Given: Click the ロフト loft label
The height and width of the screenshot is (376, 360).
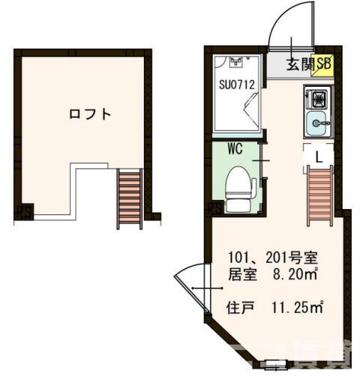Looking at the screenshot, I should [x=90, y=115].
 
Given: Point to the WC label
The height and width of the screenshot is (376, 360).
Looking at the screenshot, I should [x=235, y=149].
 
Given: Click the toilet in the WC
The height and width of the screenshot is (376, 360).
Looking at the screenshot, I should [x=238, y=187].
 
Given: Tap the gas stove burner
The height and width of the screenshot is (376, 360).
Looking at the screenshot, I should [x=316, y=98].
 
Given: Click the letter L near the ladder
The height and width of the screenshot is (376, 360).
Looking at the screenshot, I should [x=318, y=157].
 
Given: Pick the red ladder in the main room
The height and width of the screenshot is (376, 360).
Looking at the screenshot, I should [x=320, y=195].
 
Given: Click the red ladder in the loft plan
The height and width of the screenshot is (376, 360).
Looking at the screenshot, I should [x=130, y=198].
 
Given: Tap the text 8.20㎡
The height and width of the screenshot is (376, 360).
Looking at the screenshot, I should [x=298, y=276].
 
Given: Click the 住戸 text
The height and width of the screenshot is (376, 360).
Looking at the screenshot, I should [x=241, y=306].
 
